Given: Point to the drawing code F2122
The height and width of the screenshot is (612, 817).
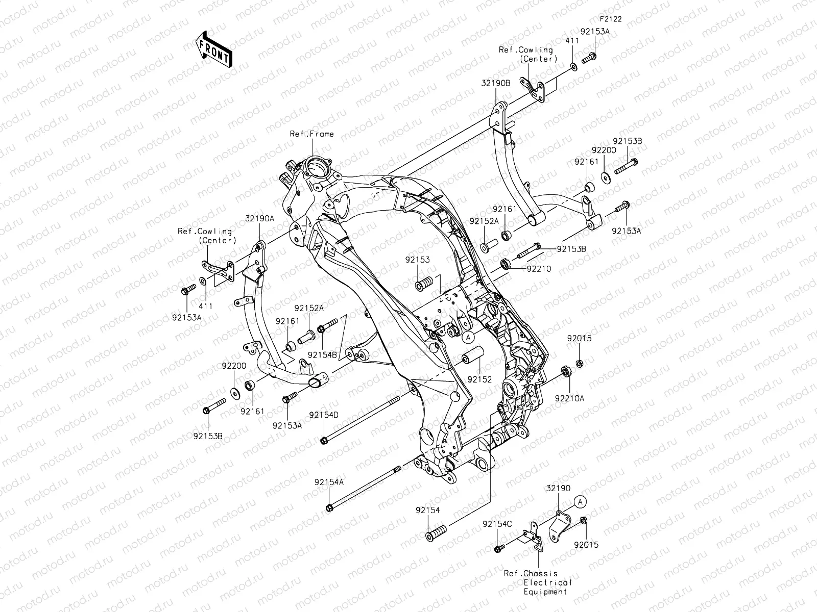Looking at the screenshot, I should point(611,19).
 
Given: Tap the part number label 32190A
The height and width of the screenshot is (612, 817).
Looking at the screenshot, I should point(260,218).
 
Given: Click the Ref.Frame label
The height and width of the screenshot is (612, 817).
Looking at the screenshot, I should point(312,134).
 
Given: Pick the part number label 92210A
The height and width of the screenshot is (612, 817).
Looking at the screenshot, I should point(570,399).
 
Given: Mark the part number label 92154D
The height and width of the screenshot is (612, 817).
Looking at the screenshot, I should point(323,415).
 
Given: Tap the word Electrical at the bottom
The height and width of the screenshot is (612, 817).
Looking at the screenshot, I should point(548,582).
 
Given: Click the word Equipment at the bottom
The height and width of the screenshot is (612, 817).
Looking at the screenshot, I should point(545,592).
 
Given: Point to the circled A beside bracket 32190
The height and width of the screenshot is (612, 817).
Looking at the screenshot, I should point(580,502).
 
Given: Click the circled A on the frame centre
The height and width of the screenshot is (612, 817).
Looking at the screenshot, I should point(469,337).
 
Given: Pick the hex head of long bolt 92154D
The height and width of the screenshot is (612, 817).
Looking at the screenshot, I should point(324,440).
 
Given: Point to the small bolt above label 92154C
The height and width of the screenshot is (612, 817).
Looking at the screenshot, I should point(498,548).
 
